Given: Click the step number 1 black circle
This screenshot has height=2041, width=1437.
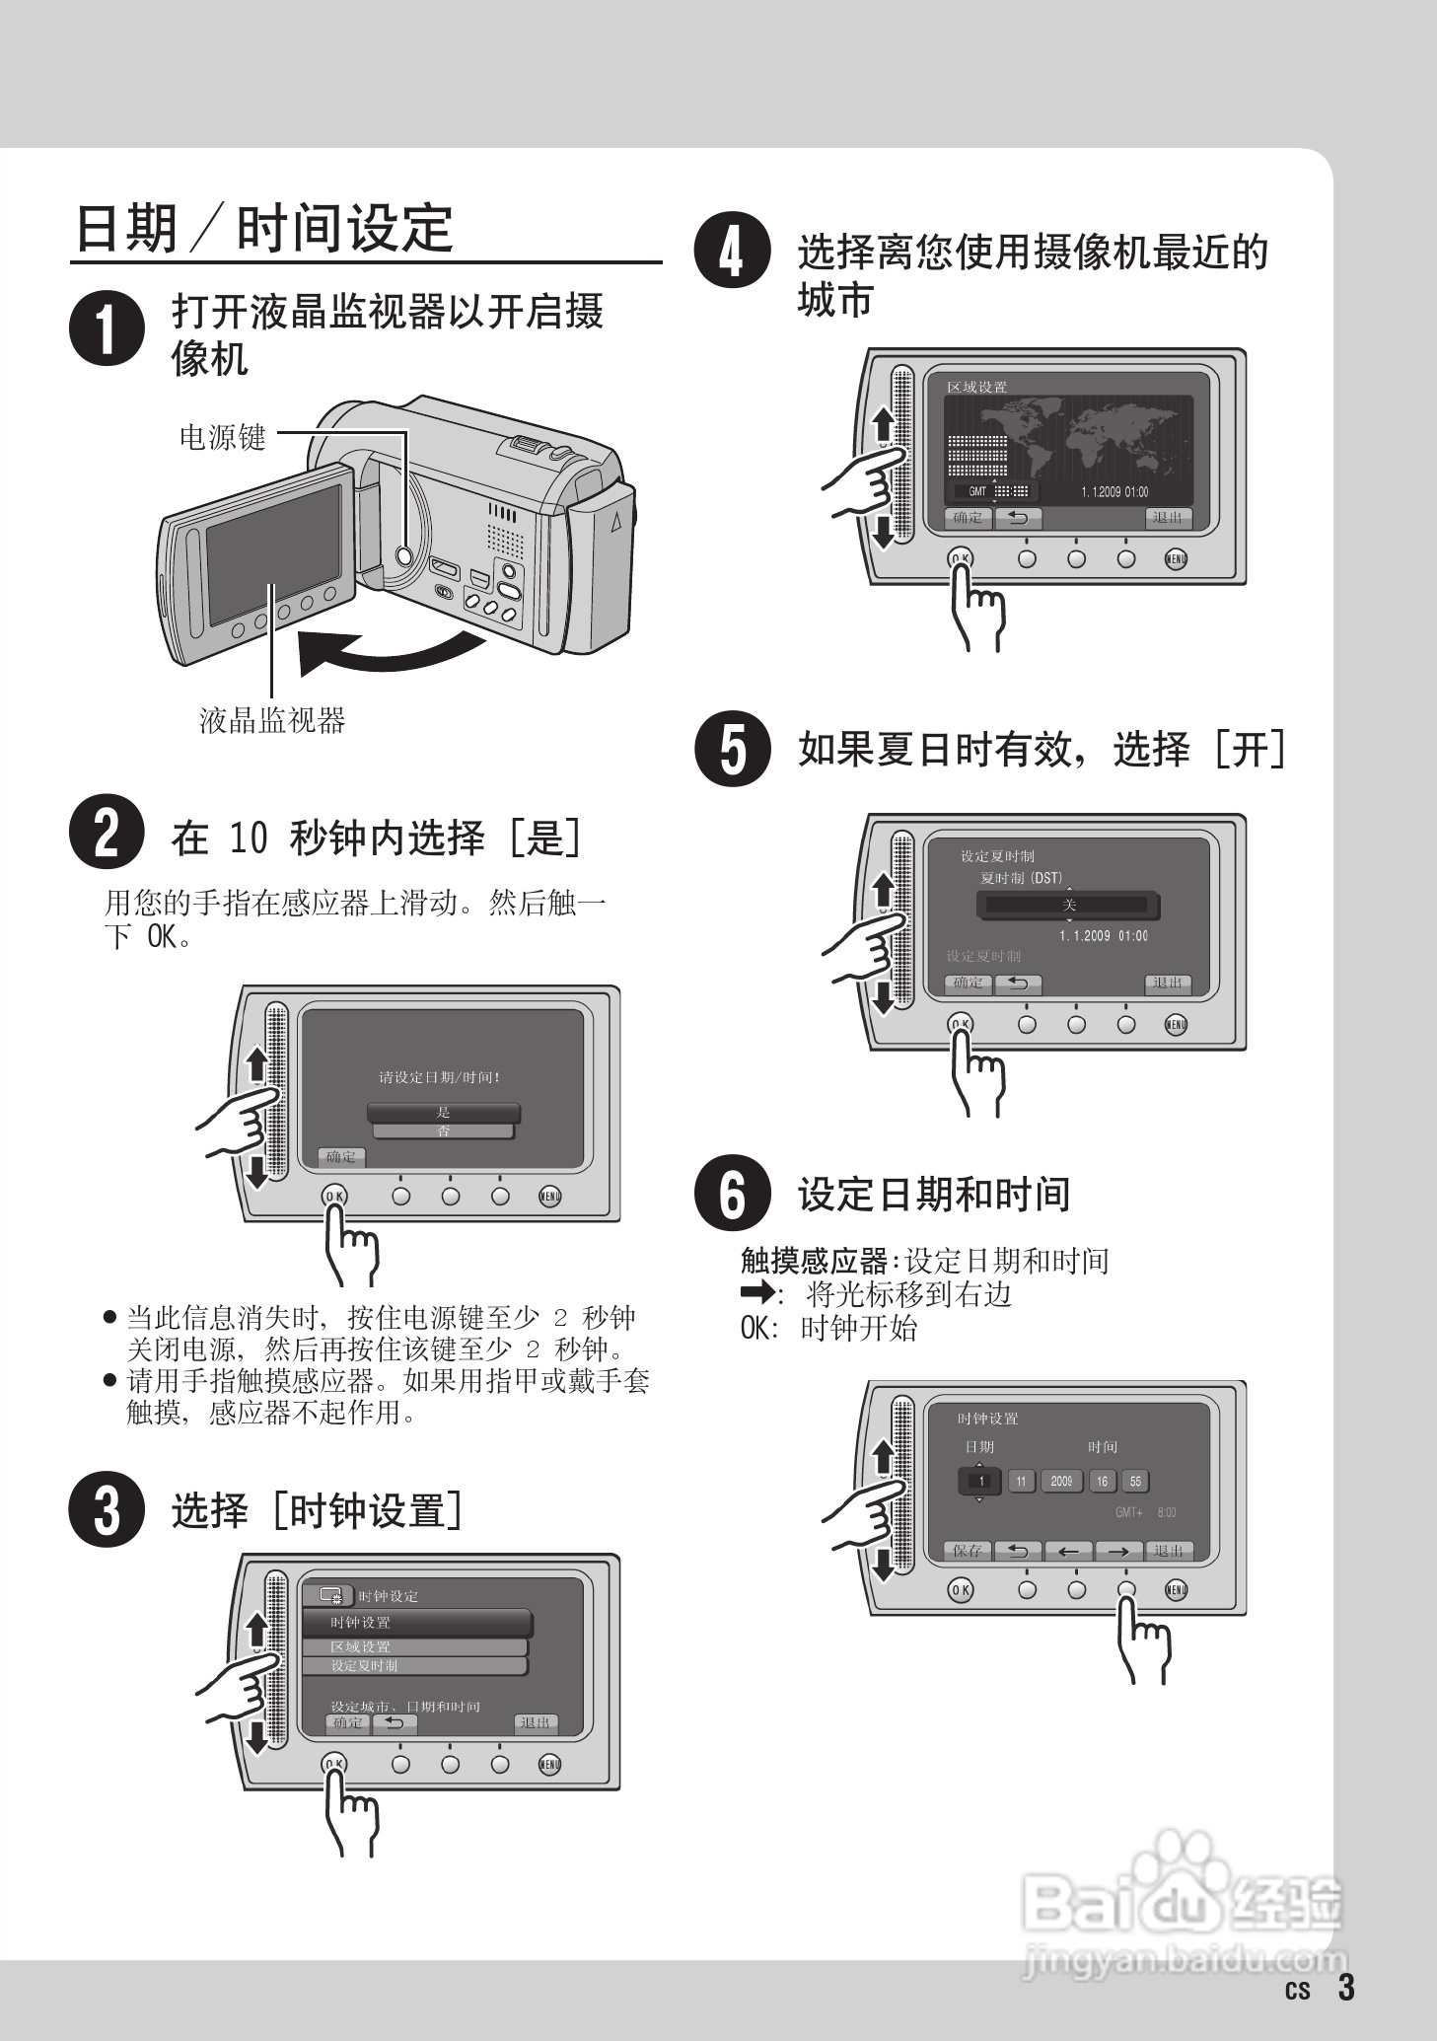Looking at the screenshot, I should click(x=107, y=328).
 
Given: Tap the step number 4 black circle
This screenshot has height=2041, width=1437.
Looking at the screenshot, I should click(x=732, y=251).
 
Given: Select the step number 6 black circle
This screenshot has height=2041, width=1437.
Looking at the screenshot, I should click(x=732, y=1193).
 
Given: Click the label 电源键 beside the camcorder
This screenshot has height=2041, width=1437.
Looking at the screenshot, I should click(x=223, y=436).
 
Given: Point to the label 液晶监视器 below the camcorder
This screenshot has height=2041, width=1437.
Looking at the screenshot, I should click(x=272, y=720).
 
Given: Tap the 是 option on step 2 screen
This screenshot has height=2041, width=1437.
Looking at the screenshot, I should click(x=443, y=1112).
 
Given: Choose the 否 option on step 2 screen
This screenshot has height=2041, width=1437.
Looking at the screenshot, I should click(x=443, y=1131).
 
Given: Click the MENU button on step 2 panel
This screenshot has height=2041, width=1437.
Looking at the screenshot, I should click(x=549, y=1197).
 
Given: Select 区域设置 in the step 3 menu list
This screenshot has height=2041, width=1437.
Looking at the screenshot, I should click(x=414, y=1646).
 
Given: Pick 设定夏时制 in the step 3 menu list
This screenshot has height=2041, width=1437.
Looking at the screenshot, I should click(x=414, y=1665).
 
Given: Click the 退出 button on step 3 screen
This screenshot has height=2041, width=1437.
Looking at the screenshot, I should click(x=536, y=1722).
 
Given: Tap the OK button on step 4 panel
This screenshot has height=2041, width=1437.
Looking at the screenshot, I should click(x=960, y=558).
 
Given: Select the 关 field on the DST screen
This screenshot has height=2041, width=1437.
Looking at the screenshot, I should click(x=1069, y=905).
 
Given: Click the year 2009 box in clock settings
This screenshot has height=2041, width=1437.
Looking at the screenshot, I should click(x=1061, y=1481).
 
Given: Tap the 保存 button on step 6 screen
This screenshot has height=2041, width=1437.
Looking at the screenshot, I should click(x=968, y=1551).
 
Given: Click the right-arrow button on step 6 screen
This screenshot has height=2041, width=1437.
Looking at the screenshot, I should click(x=1117, y=1551).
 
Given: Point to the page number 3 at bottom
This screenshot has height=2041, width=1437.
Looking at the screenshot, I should click(x=1346, y=1987).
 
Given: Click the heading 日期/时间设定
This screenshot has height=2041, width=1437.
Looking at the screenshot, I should click(x=264, y=229).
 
